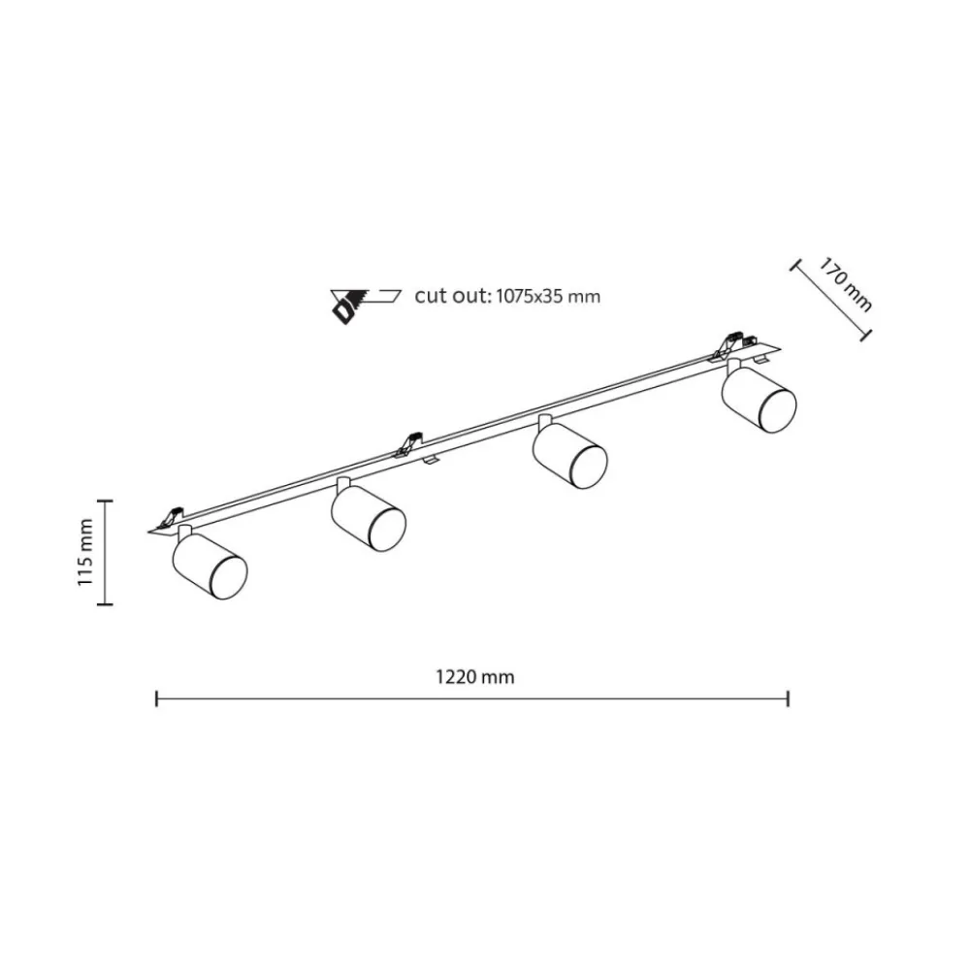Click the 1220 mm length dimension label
pos(475,677)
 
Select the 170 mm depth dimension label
pos(846,284)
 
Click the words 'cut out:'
pos(452,296)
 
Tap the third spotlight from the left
pos(569,452)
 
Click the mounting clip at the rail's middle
pos(408,444)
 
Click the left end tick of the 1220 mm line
pos(156,699)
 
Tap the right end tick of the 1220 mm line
pos(788,699)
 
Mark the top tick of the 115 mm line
pos(105,500)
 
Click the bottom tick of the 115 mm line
pos(105,603)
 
